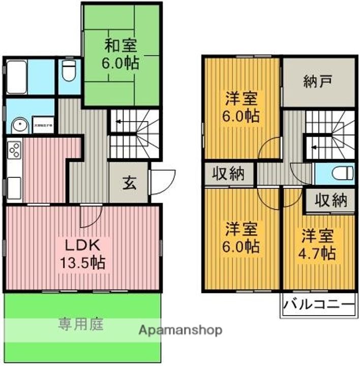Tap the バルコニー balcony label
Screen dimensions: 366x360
pyautogui.click(x=318, y=306)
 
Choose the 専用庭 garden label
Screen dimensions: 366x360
pyautogui.click(x=81, y=324)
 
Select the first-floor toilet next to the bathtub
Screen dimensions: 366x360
pyautogui.click(x=69, y=72)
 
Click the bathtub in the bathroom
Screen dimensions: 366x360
pyautogui.click(x=17, y=77)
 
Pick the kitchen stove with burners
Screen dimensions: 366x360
pyautogui.click(x=14, y=150)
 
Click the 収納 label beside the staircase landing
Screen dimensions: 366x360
pyautogui.click(x=228, y=174)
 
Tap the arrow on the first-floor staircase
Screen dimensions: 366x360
pyautogui.click(x=117, y=122)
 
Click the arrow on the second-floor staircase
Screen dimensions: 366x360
pyautogui.click(x=316, y=148)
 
